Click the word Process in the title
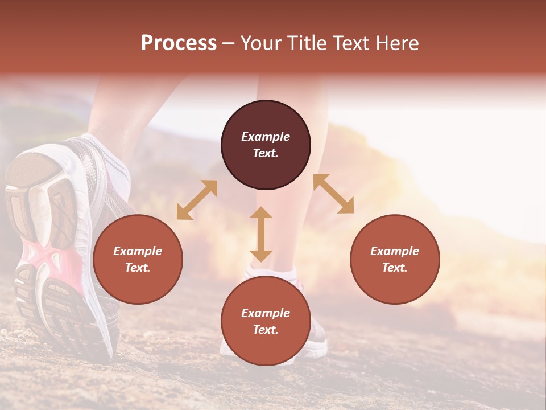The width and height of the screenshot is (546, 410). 179,43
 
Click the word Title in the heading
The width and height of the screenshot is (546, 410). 305,43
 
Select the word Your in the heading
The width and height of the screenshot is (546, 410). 261,43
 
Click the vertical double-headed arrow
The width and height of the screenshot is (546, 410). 261,234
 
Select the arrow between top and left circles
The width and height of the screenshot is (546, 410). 197,200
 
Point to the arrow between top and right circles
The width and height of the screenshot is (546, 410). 333,194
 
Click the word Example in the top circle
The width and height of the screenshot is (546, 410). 266,137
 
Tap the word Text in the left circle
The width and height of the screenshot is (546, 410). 138,268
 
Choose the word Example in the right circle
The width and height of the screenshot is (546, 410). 395,251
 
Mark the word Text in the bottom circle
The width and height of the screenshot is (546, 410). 266,330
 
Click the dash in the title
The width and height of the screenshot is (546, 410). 228,43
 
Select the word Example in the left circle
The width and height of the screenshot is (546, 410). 138,251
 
